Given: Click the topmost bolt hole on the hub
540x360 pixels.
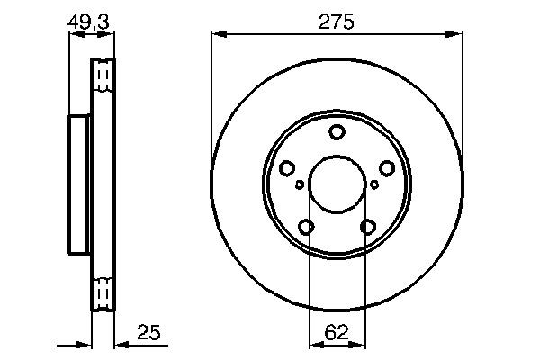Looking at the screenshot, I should [337, 133].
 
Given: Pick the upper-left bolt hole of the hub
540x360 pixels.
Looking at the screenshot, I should [287, 168].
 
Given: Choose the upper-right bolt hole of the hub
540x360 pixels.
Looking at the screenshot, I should [387, 168].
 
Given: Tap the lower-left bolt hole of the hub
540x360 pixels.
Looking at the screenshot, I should [306, 228].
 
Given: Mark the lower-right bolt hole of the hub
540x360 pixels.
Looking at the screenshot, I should [367, 228].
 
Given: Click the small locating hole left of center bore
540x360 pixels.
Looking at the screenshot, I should [300, 184].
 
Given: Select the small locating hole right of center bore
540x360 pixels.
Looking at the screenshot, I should [374, 184].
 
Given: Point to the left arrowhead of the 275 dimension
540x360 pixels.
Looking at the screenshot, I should [217, 35].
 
